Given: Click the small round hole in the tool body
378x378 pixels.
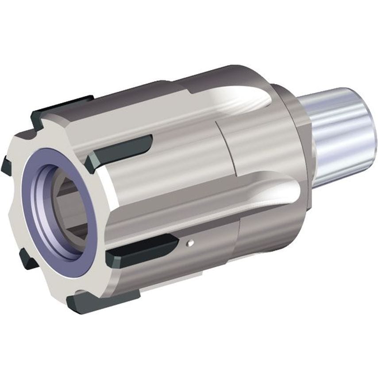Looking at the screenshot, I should [189, 242].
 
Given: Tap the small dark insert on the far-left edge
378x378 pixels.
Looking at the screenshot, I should [6, 166].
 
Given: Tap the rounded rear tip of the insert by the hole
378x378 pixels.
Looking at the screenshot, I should [175, 242].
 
